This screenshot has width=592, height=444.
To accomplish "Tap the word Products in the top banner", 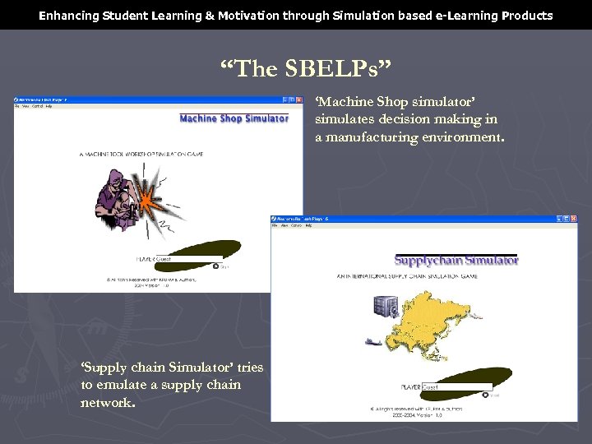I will (527, 16).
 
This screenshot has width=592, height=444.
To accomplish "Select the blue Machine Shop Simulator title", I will (234, 118).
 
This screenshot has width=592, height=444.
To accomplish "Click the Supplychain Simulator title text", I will (456, 261).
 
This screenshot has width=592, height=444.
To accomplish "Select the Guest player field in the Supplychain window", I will (456, 386).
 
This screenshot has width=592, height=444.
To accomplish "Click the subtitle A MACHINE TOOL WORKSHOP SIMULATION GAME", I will (141, 154).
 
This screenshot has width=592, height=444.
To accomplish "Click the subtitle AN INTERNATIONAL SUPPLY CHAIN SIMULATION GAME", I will (406, 276).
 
